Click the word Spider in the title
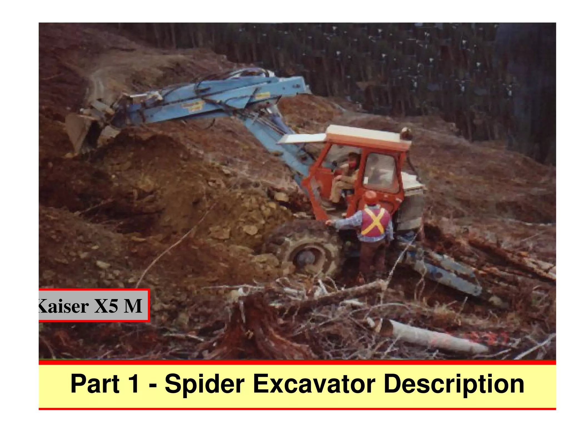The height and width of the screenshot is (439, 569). [x=204, y=384]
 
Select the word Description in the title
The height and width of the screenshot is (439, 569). [x=453, y=384]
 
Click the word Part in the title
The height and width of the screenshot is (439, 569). [x=95, y=384]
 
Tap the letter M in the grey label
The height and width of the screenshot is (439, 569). [x=133, y=306]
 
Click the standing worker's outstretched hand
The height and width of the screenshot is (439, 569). [x=329, y=222]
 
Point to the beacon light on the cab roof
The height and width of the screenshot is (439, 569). [x=406, y=133]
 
